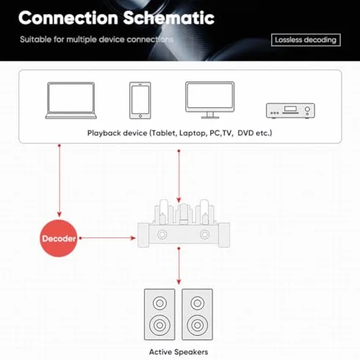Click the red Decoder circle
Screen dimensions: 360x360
pos(59,238)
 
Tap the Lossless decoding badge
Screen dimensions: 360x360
pos(306,40)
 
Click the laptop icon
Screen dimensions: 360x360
pos(71,101)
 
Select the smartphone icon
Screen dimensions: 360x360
pos(140,101)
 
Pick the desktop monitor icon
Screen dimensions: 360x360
pos(210,100)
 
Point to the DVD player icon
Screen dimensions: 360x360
pos(290,111)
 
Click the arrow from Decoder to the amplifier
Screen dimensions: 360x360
pos(108,238)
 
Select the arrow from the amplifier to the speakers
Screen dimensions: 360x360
pos(179,266)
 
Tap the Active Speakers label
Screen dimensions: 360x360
pos(179,352)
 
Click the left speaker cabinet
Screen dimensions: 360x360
pos(159,314)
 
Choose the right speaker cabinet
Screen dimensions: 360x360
pos(198,314)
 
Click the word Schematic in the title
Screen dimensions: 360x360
pos(169,18)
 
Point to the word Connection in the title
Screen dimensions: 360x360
pos(68,18)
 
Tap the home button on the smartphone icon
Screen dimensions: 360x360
pos(140,116)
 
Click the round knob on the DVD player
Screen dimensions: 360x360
pos(307,109)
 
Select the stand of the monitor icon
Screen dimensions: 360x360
pos(210,115)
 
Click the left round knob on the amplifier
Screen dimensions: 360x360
pos(162,234)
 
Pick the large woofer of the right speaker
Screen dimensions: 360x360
pos(198,325)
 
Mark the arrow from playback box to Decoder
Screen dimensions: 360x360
pos(60,181)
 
